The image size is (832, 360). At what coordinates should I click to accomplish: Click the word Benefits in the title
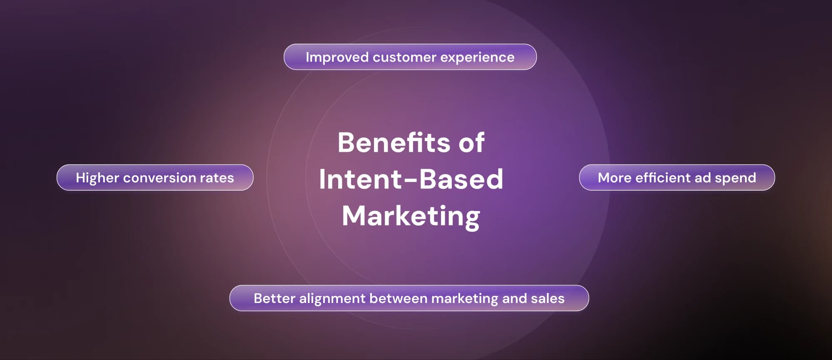click(x=393, y=143)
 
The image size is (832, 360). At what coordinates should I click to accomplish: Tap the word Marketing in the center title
click(x=411, y=216)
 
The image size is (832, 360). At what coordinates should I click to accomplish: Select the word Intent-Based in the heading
click(x=411, y=179)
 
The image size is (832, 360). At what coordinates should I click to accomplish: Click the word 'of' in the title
click(x=471, y=143)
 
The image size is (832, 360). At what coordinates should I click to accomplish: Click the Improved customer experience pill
click(x=410, y=57)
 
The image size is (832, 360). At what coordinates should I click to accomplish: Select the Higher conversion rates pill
click(x=155, y=178)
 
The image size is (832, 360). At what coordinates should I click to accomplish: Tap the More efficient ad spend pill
click(x=676, y=178)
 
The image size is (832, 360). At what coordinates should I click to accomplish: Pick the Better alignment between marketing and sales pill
click(x=409, y=298)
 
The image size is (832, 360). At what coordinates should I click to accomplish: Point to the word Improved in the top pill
click(x=337, y=57)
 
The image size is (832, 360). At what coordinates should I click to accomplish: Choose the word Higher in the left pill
click(x=97, y=178)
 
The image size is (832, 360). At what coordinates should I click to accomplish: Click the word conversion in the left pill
click(x=159, y=178)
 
